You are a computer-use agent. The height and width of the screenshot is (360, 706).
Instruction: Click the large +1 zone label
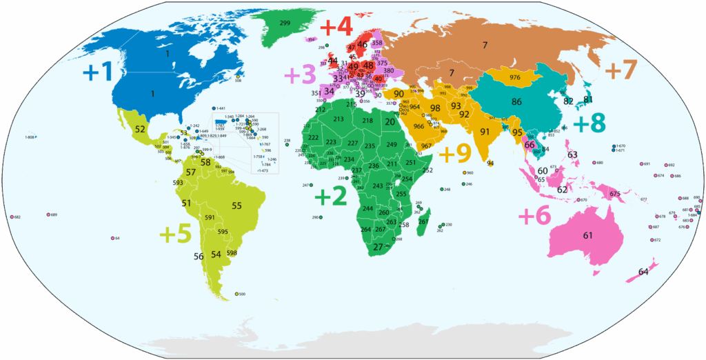click(97, 71)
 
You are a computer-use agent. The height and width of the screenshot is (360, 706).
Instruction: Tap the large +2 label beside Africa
click(330, 197)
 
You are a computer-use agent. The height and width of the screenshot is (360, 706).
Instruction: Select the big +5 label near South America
click(175, 234)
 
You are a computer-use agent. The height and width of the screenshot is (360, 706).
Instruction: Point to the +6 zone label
click(534, 216)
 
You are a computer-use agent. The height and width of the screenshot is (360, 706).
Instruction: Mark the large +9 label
click(454, 153)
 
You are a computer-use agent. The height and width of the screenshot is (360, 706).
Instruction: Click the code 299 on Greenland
click(285, 23)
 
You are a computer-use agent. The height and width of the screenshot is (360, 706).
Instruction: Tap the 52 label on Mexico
click(140, 129)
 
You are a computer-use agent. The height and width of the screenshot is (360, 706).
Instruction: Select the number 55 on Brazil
click(237, 206)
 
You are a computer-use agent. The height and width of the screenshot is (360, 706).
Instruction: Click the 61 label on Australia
click(587, 236)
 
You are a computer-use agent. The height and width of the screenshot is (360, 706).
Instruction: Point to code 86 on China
click(516, 101)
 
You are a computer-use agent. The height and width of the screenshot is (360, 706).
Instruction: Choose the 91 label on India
click(485, 132)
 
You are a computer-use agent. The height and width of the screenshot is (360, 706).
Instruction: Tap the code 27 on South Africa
click(378, 246)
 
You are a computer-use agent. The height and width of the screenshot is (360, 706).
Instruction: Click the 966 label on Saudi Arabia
click(418, 126)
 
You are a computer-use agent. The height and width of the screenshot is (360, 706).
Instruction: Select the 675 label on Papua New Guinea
click(615, 194)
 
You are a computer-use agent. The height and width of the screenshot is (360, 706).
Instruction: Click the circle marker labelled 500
click(236, 294)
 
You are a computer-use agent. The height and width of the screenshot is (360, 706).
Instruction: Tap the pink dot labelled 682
click(12, 217)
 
